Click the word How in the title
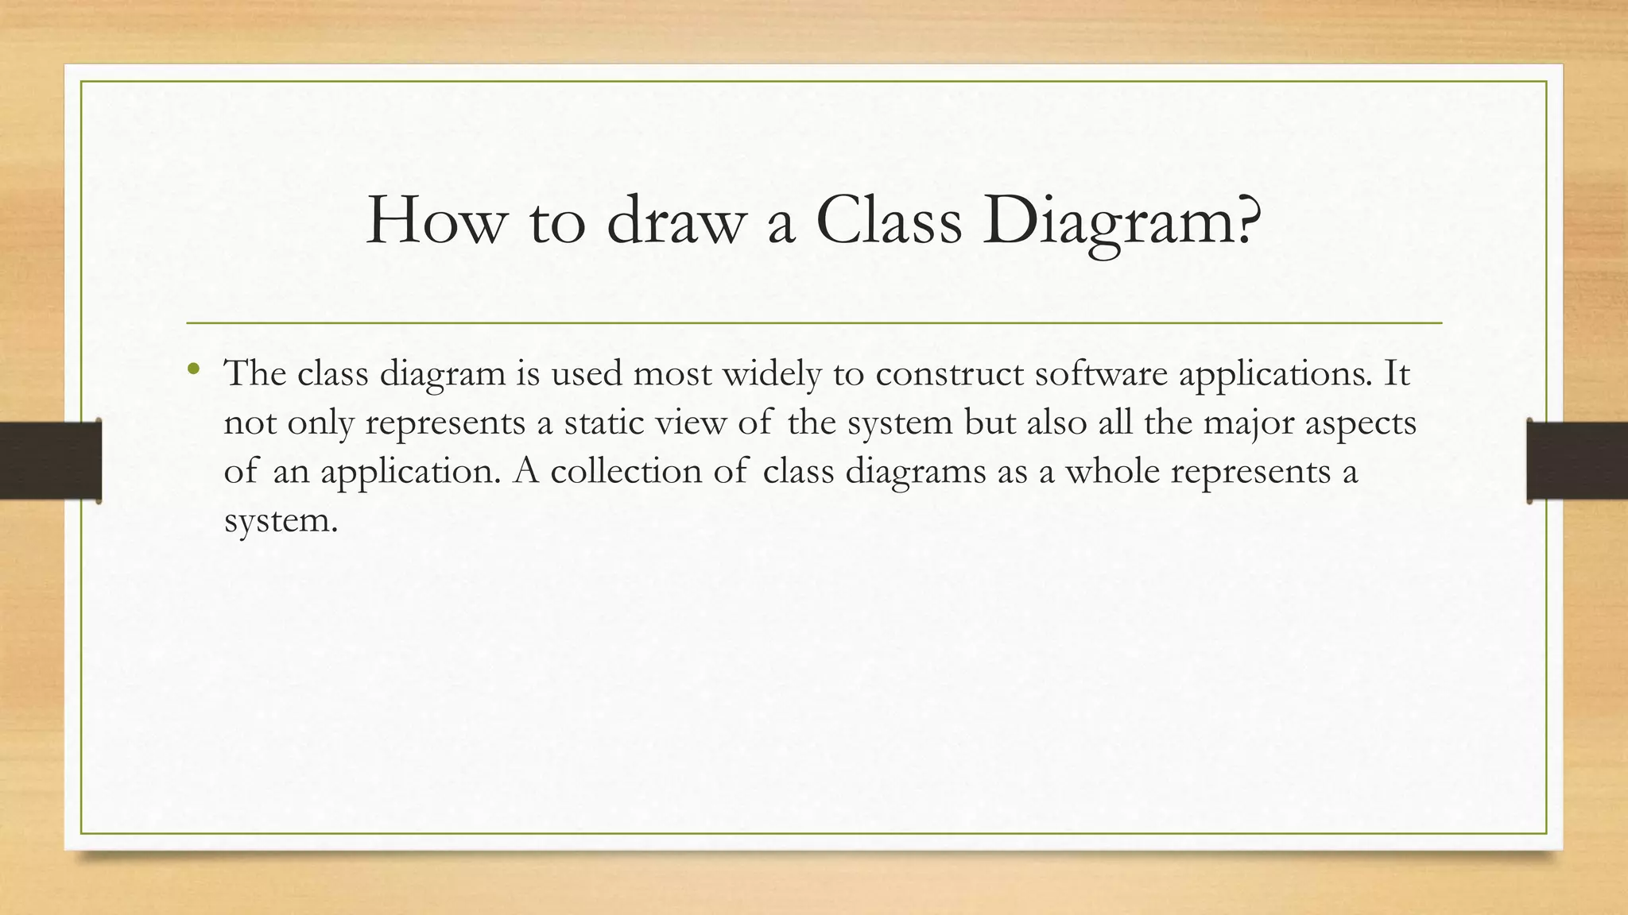[436, 220]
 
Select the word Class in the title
[888, 220]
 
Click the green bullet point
[193, 369]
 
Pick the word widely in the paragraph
[771, 373]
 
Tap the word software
[1101, 373]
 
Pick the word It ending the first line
[1397, 373]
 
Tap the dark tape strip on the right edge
[1577, 461]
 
